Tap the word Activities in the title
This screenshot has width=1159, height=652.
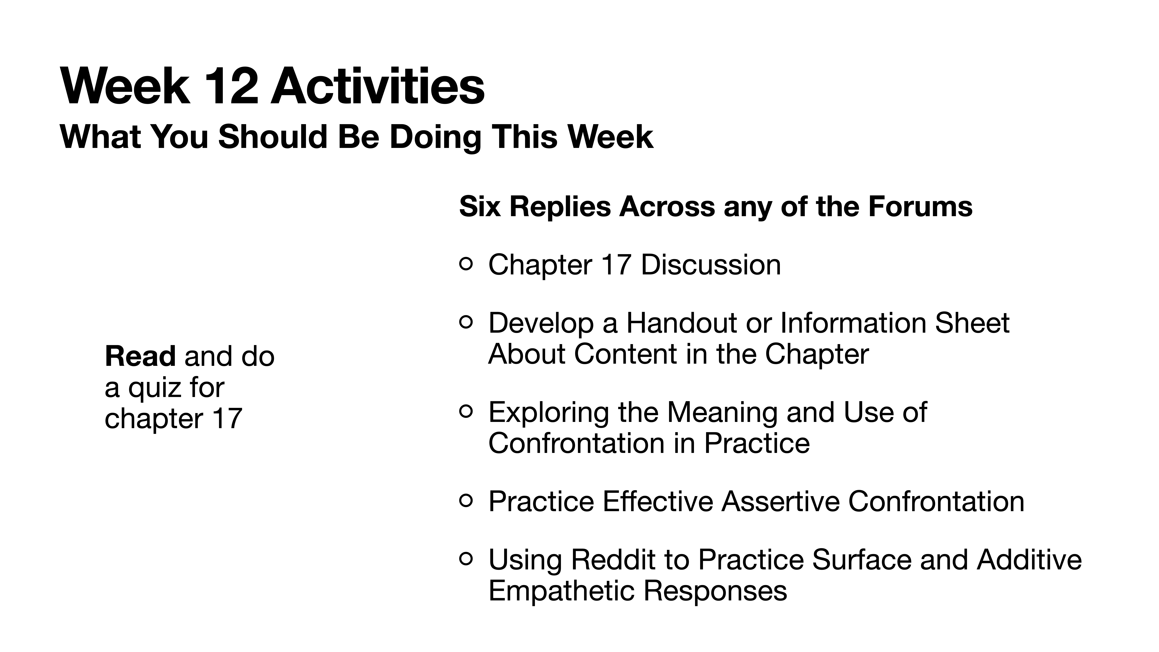(377, 86)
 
